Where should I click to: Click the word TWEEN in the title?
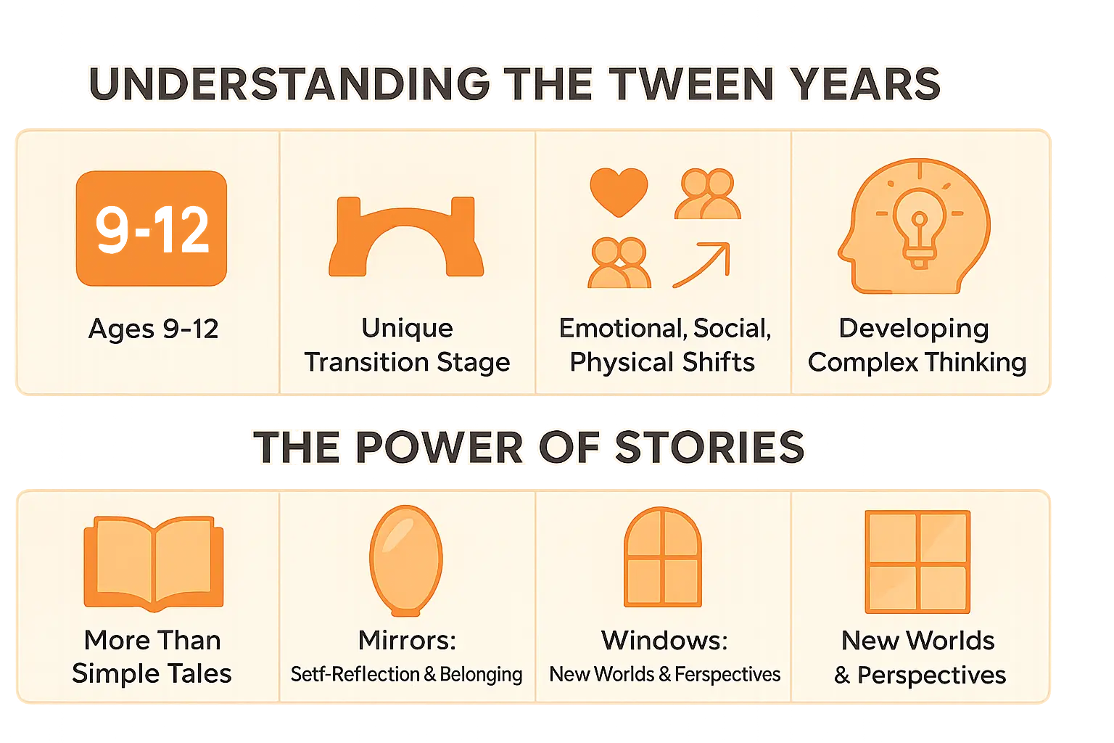coord(692,84)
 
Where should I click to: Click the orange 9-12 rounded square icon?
coord(152,228)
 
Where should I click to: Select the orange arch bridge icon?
coord(406,237)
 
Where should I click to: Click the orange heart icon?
coord(619,192)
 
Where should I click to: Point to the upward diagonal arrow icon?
coord(701,265)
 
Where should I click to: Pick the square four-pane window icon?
coord(917,562)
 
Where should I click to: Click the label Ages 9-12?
coord(153,329)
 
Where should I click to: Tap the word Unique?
coord(407,328)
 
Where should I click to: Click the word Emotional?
coord(622,329)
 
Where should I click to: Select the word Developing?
coord(914,328)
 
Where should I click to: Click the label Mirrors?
coord(407,640)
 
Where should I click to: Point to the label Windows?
coord(664,640)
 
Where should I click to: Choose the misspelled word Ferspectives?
coord(727,675)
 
